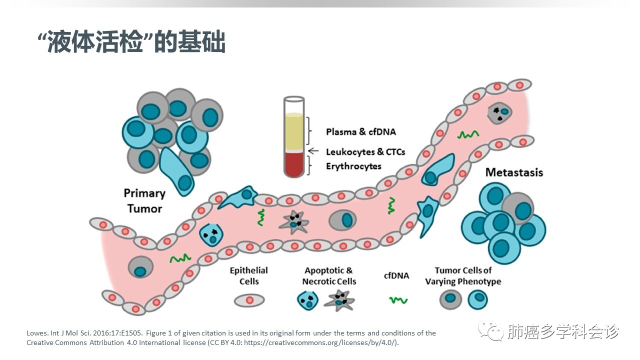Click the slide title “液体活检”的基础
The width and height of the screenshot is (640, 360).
pyautogui.click(x=131, y=43)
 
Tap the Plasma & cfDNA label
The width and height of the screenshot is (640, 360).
pyautogui.click(x=360, y=131)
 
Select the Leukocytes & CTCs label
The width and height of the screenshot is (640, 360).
pyautogui.click(x=365, y=151)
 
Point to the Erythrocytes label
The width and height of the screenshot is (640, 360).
pyautogui.click(x=353, y=166)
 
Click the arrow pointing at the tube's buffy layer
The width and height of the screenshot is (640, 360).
pyautogui.click(x=313, y=150)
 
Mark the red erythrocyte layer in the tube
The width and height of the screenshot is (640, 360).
pyautogui.click(x=293, y=164)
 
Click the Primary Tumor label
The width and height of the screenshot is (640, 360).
pyautogui.click(x=144, y=200)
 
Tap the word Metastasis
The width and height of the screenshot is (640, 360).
pyautogui.click(x=514, y=172)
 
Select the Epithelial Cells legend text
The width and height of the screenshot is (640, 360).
pyautogui.click(x=249, y=275)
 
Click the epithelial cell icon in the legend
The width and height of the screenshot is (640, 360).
pyautogui.click(x=249, y=300)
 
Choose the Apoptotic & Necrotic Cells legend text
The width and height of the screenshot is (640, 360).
pyautogui.click(x=329, y=275)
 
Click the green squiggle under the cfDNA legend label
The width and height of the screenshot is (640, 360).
pyautogui.click(x=398, y=300)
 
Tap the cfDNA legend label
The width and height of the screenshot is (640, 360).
pyautogui.click(x=396, y=275)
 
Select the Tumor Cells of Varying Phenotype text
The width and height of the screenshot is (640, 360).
pyautogui.click(x=463, y=275)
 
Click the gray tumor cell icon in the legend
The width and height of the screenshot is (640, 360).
pyautogui.click(x=450, y=300)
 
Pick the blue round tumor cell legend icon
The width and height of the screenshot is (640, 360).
pyautogui.click(x=477, y=300)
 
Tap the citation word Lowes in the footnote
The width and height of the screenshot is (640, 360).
pyautogui.click(x=36, y=333)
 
